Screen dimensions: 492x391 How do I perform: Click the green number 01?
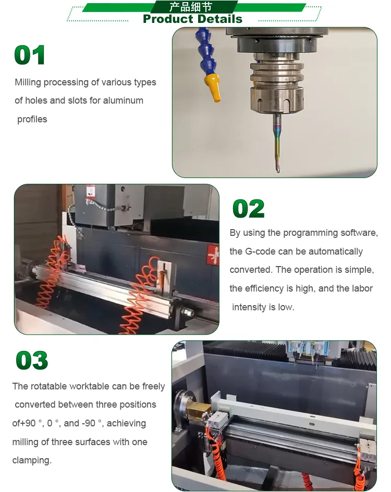click(30, 55)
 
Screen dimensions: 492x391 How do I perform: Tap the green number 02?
click(248, 209)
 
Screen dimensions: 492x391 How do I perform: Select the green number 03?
click(32, 360)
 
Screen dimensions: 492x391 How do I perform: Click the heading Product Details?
click(192, 19)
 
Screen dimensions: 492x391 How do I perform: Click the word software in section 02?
click(359, 233)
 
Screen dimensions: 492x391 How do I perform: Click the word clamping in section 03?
click(31, 461)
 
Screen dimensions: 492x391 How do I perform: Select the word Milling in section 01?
click(28, 82)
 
